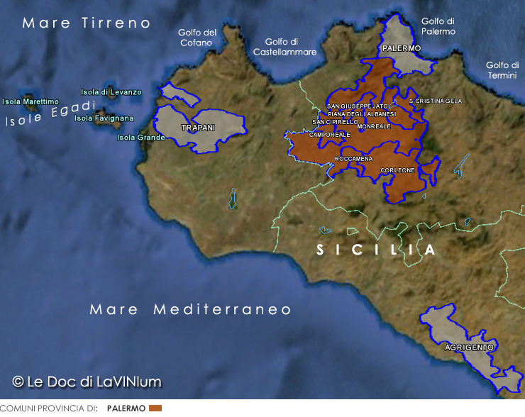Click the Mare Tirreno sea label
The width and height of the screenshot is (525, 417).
[87, 23]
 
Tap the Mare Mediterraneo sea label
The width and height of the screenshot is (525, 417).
[191, 310]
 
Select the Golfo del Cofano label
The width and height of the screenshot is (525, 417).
[197, 38]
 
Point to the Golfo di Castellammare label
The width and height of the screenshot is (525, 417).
[284, 47]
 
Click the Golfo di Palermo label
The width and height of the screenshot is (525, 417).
[438, 26]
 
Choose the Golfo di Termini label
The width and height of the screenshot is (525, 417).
[502, 69]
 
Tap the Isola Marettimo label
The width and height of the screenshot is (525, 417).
[31, 102]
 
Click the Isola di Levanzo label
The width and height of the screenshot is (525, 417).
[111, 92]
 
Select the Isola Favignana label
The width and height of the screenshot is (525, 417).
[104, 118]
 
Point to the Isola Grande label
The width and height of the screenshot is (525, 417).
[140, 138]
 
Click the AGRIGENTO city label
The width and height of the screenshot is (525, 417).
[469, 347]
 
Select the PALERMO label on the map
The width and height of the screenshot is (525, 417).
[401, 49]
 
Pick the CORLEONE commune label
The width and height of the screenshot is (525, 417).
[397, 170]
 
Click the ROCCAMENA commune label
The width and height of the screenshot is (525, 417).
[353, 159]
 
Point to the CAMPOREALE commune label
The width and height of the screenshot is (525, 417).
[330, 135]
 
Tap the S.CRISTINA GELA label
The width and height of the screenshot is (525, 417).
[436, 101]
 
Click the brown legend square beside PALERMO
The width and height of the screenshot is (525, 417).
[155, 408]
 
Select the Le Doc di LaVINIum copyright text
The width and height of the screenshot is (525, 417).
[87, 382]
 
